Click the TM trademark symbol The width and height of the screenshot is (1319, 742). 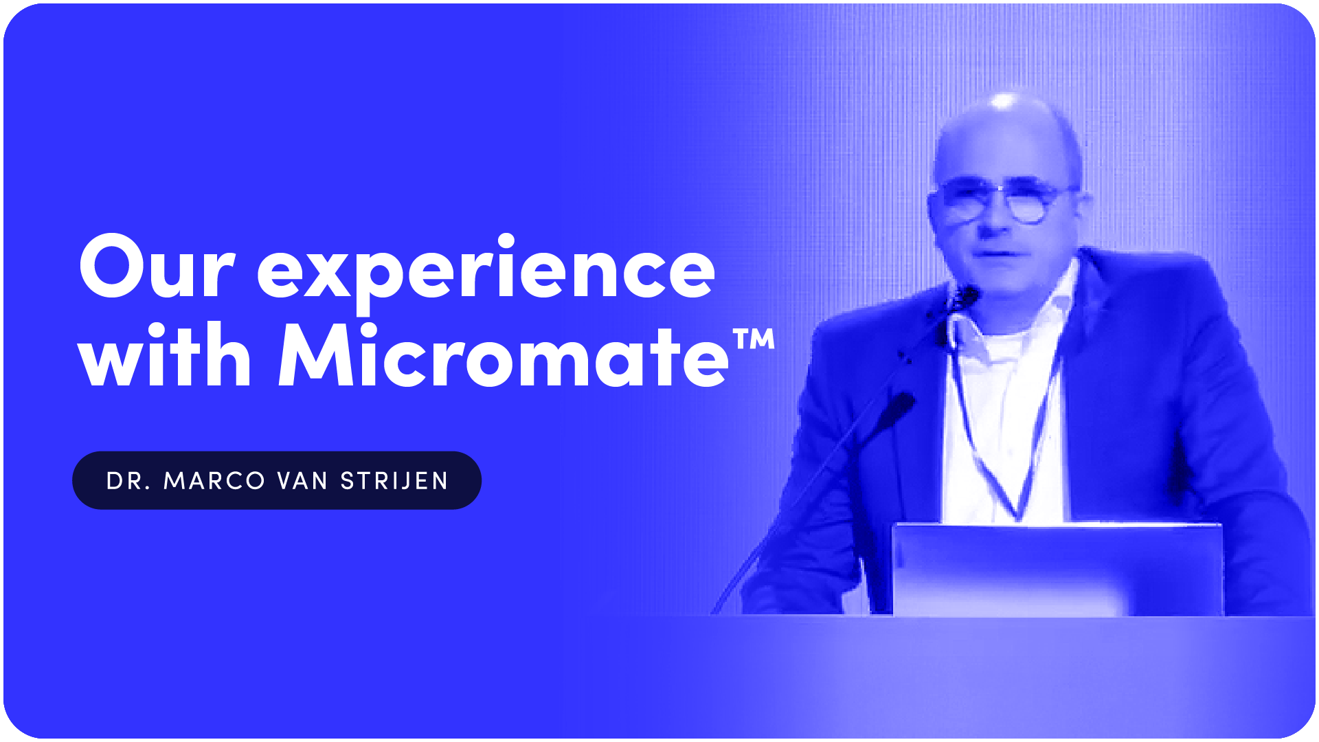754,339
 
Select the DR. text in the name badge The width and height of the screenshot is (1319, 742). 128,481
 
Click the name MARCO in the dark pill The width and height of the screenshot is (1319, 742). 214,481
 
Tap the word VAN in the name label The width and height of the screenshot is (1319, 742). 302,481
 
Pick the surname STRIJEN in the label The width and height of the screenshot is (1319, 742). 394,481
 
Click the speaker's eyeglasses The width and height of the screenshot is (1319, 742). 1002,200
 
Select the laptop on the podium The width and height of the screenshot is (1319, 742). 1058,570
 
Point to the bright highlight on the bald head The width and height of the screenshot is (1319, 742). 1004,102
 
